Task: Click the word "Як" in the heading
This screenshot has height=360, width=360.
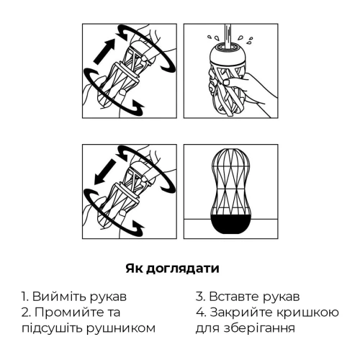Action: click(135, 269)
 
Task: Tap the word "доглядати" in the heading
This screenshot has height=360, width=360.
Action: click(186, 269)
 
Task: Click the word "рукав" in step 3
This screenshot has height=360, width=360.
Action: click(282, 297)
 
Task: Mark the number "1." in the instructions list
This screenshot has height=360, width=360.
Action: click(24, 297)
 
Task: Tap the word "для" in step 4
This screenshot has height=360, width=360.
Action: click(207, 328)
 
